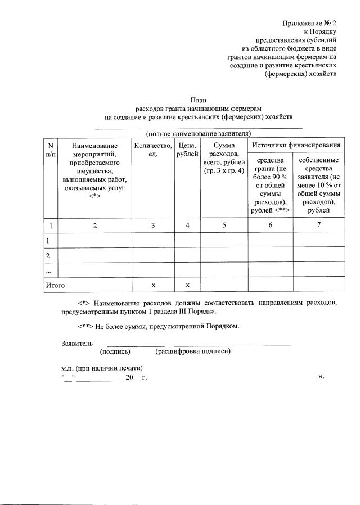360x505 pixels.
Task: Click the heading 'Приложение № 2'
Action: (x=309, y=23)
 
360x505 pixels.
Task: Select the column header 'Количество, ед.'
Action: (x=153, y=150)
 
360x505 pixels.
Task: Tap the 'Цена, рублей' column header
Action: (x=187, y=150)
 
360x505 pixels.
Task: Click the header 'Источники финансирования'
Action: (x=296, y=146)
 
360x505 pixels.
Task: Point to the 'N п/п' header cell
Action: (x=50, y=150)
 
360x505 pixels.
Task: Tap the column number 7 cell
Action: (x=319, y=226)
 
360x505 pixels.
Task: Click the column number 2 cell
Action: (x=95, y=226)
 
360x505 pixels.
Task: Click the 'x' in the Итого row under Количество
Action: (x=153, y=285)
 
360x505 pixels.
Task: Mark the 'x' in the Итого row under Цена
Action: (x=187, y=285)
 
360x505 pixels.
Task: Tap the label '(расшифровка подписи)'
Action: (x=193, y=351)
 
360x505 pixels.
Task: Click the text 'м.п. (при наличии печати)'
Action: (x=98, y=368)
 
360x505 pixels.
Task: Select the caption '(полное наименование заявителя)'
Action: (x=199, y=133)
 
